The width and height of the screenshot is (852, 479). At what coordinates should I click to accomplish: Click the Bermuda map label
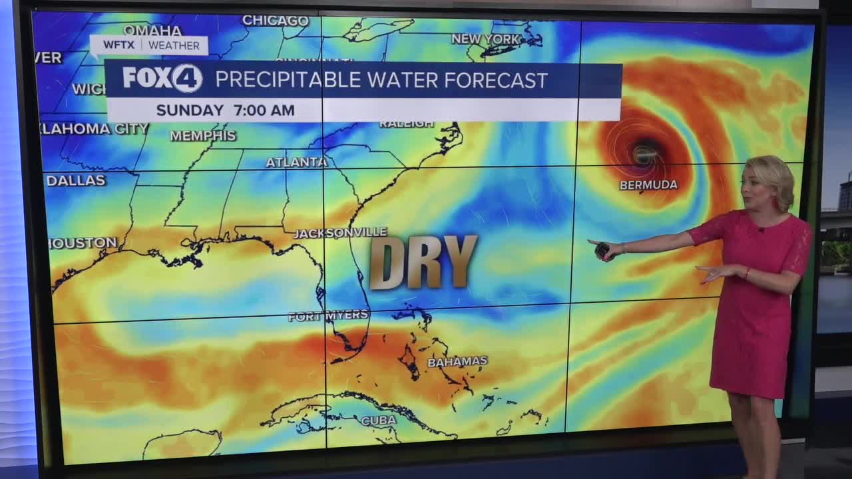tap(648, 185)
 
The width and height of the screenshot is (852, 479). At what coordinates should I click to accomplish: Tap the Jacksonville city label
tap(340, 233)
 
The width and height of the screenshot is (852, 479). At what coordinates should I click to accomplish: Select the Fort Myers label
tap(328, 315)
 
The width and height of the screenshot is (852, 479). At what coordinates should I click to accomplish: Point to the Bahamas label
tap(457, 361)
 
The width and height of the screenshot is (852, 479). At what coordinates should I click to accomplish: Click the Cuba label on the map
tap(378, 420)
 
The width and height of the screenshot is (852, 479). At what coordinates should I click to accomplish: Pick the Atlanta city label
tap(296, 162)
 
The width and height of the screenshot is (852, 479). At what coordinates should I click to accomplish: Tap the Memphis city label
tap(203, 136)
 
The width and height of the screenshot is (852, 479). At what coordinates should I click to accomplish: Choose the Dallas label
tap(76, 180)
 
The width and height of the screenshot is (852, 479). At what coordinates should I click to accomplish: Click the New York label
tap(485, 39)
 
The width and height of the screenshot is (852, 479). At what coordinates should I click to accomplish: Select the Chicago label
tap(275, 21)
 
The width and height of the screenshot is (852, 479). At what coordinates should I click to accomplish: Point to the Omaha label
tap(152, 31)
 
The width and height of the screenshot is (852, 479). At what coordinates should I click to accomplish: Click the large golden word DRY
tap(423, 262)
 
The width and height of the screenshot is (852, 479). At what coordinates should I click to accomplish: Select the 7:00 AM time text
tap(264, 110)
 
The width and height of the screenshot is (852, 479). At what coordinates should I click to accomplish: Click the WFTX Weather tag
tap(149, 45)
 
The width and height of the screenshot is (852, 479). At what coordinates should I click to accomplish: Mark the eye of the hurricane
tap(644, 154)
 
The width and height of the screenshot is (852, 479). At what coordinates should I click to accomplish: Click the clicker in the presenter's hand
tap(602, 251)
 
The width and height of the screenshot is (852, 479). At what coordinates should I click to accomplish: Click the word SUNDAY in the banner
tap(190, 110)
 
